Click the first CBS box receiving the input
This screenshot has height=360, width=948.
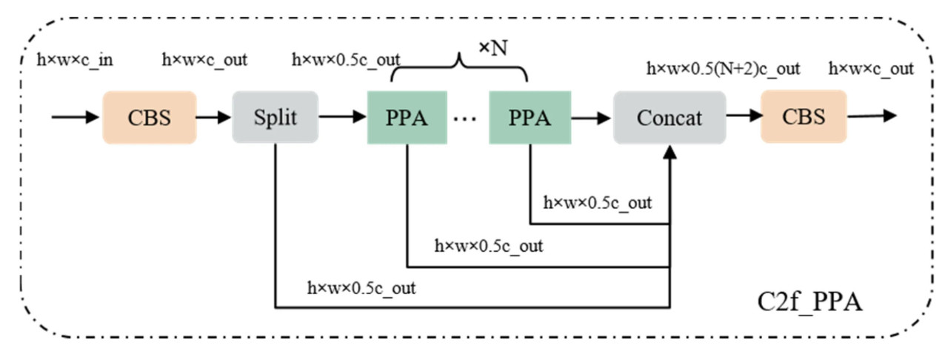(x=150, y=117)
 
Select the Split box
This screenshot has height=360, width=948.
(x=275, y=117)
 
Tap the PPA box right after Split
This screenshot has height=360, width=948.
(x=407, y=117)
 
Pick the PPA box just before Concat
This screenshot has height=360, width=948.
(x=529, y=117)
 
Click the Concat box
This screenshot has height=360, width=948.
(x=670, y=117)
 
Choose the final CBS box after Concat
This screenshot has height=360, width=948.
(x=804, y=117)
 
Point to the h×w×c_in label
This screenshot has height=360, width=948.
(x=75, y=59)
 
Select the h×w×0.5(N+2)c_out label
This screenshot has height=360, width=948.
(x=724, y=69)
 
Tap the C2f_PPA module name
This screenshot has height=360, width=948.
(x=810, y=302)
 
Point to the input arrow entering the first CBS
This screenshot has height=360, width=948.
(x=75, y=117)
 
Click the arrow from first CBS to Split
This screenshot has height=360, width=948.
(x=214, y=117)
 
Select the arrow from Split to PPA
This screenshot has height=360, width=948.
(x=342, y=117)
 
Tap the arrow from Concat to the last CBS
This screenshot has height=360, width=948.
(x=743, y=116)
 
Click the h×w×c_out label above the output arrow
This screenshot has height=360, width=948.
(x=871, y=69)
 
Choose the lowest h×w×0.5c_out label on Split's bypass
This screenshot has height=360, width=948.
(x=361, y=287)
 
